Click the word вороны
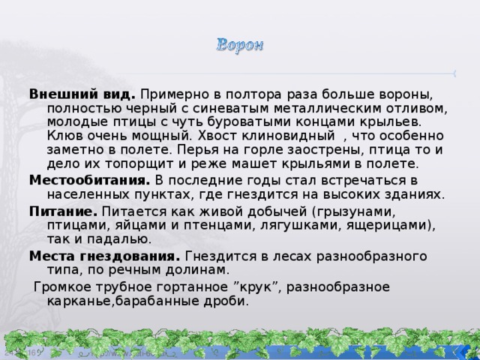(407, 95)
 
